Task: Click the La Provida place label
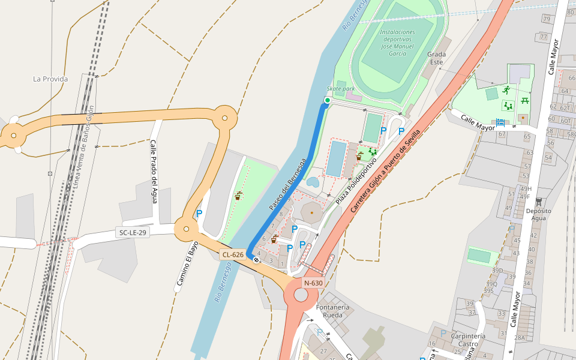point(50,79)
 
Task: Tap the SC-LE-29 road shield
point(133,232)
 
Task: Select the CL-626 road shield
point(233,254)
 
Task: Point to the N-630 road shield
point(313,283)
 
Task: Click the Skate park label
point(341,89)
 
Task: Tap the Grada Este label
point(436,58)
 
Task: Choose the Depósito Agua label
point(539,214)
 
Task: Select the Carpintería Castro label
point(467,340)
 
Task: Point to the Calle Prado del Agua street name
point(154,172)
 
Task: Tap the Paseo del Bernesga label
point(287,184)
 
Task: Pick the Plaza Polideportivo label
point(356,179)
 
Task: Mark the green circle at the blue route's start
point(327,100)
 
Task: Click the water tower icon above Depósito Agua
point(538,201)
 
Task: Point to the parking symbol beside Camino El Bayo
point(199,213)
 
